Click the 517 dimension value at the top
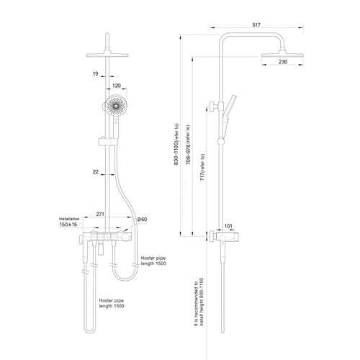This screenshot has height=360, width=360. [256, 24]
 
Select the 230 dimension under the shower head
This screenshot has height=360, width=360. [283, 62]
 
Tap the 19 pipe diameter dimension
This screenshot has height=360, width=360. [96, 73]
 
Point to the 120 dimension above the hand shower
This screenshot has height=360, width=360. [117, 86]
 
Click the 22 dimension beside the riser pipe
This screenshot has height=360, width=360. [96, 171]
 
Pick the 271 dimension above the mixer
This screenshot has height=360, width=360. [100, 214]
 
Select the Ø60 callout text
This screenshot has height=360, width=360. [142, 220]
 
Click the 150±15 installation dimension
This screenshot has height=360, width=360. [68, 225]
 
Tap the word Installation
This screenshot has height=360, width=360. [69, 219]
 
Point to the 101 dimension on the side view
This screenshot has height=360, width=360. [228, 226]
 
